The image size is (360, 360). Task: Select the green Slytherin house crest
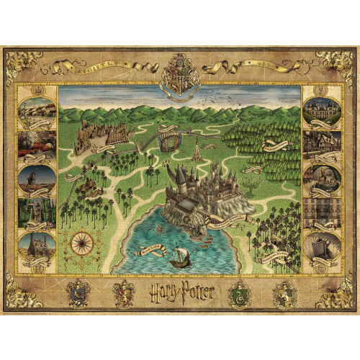pos(238,292)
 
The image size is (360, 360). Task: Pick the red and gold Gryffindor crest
pos(123,292)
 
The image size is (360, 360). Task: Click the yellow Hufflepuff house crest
pos(78,292)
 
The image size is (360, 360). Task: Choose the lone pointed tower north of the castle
pos(197,151)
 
